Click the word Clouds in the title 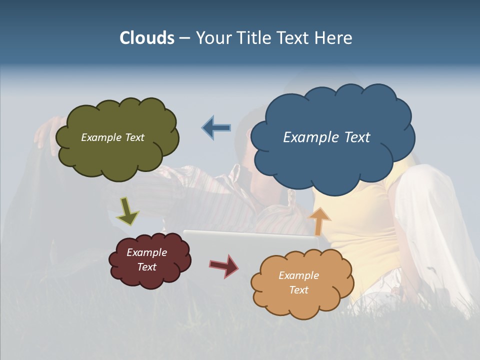[147, 38]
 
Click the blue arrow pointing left [216, 128]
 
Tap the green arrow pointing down [127, 211]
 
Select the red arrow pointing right [223, 265]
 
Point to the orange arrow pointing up [319, 220]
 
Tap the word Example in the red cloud [146, 252]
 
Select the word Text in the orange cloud [298, 290]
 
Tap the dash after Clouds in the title [184, 38]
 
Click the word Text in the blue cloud [357, 137]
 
